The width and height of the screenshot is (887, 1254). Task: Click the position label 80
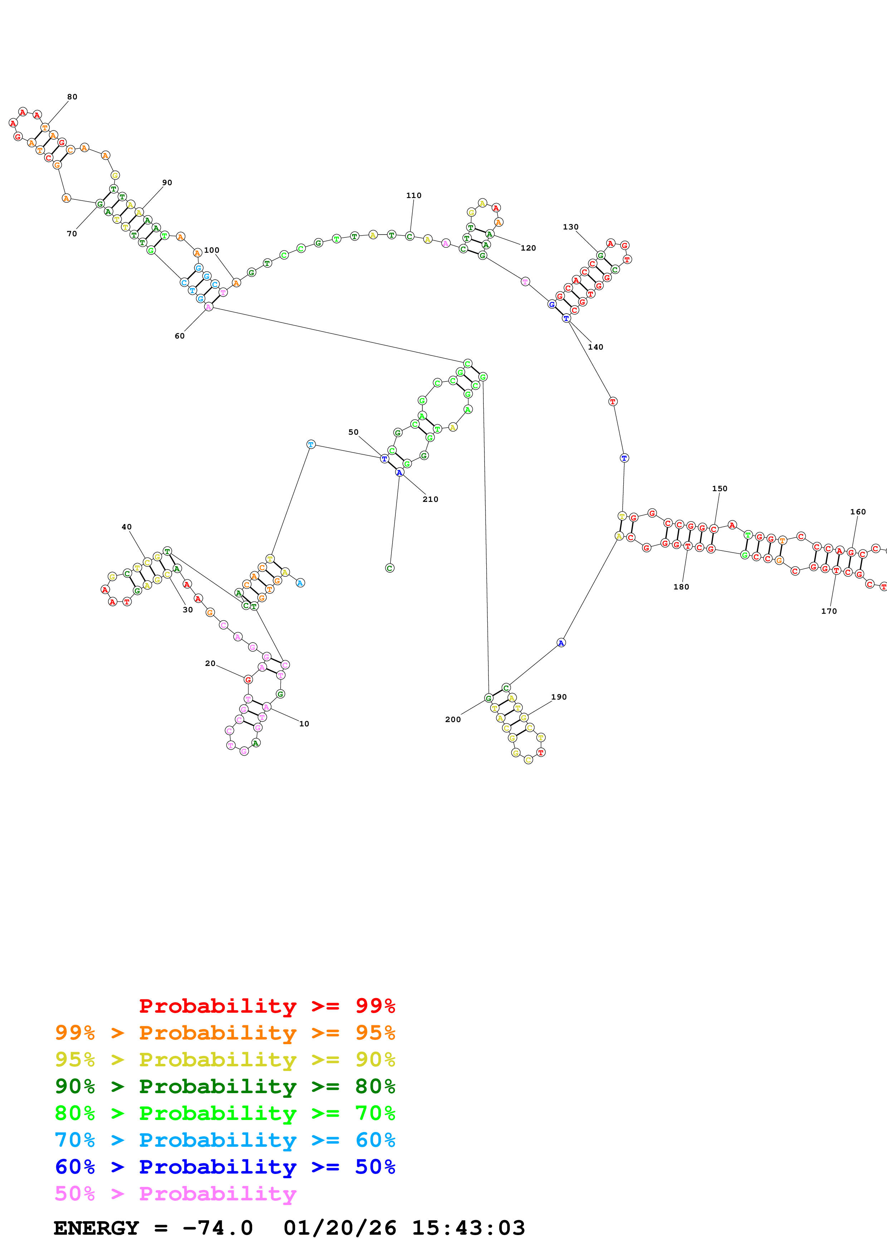[x=72, y=97]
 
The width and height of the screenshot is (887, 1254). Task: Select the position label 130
[x=571, y=227]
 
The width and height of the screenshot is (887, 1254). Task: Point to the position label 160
[x=858, y=512]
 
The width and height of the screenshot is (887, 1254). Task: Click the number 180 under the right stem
[x=681, y=587]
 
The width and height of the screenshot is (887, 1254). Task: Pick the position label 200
[x=453, y=719]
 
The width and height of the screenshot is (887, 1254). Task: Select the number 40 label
[x=127, y=527]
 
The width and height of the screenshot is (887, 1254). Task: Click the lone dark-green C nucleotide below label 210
[x=390, y=568]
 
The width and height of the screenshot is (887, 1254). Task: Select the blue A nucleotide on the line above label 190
[x=561, y=642]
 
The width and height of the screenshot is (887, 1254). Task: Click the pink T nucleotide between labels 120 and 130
[x=525, y=281]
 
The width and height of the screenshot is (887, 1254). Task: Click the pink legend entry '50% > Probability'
[x=175, y=1193]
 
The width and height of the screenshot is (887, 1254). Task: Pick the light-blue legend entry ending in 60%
[x=225, y=1140]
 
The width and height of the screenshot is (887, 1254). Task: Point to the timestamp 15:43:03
[x=468, y=1228]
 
